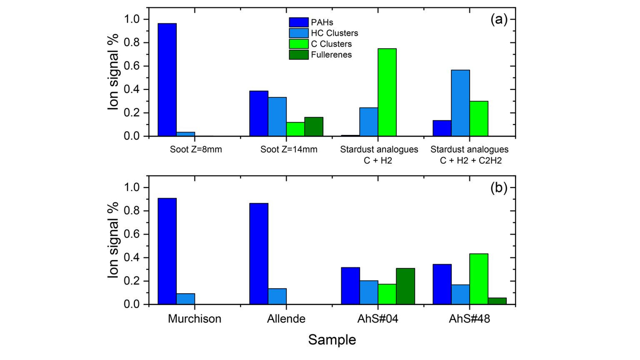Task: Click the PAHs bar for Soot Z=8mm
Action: tap(167, 80)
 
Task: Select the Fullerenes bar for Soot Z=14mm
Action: tap(314, 127)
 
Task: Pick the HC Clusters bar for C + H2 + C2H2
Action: tap(460, 103)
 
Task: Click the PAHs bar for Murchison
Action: tap(167, 251)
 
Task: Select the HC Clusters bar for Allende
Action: tap(277, 296)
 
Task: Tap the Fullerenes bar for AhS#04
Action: tap(405, 286)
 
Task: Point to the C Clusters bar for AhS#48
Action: tap(479, 279)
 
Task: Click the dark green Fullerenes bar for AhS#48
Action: tap(497, 301)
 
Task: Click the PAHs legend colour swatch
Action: tap(299, 22)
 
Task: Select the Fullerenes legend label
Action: tap(331, 55)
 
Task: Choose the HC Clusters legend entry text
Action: tap(334, 33)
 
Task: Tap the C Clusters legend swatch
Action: tap(299, 44)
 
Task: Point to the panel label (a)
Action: tap(499, 19)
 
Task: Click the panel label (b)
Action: tap(499, 187)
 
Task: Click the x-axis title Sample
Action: tap(332, 340)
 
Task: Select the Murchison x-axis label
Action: tap(195, 319)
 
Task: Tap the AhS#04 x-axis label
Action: tap(378, 319)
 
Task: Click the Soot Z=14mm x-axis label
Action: tap(289, 149)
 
